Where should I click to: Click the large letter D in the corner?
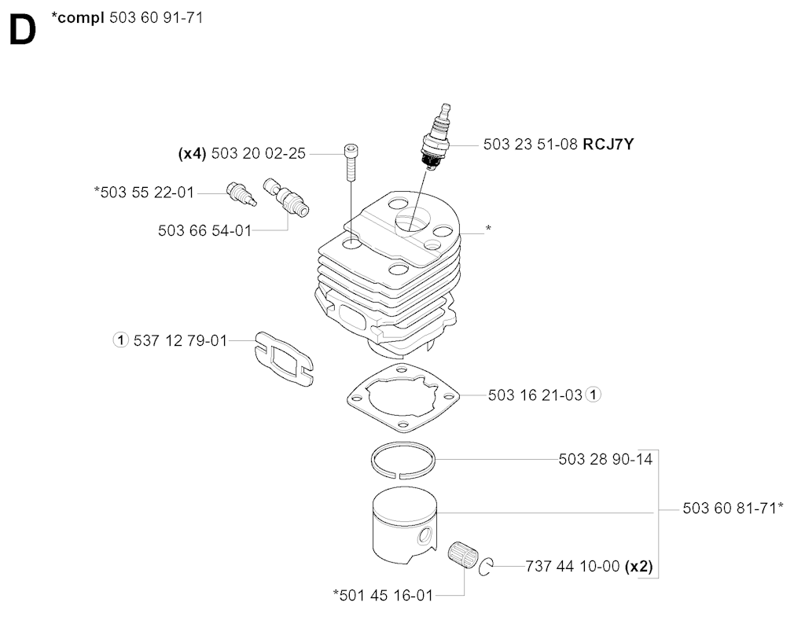coord(23,30)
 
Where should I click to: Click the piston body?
coord(403,523)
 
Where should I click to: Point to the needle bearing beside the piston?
coord(464,555)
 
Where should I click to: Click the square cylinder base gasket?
coord(403,395)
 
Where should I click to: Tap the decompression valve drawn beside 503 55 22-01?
coord(241,193)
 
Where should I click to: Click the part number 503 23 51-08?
coord(531,145)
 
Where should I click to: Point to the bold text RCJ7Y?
coord(608,145)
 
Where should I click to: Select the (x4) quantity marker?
coord(192,153)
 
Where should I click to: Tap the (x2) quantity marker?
coord(638,567)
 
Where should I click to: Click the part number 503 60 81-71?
coord(729,509)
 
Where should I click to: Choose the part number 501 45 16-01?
coord(386,596)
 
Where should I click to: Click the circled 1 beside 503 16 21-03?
coord(594,395)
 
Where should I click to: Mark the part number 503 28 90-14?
coord(605,459)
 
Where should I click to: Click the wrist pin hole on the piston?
coord(425,536)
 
